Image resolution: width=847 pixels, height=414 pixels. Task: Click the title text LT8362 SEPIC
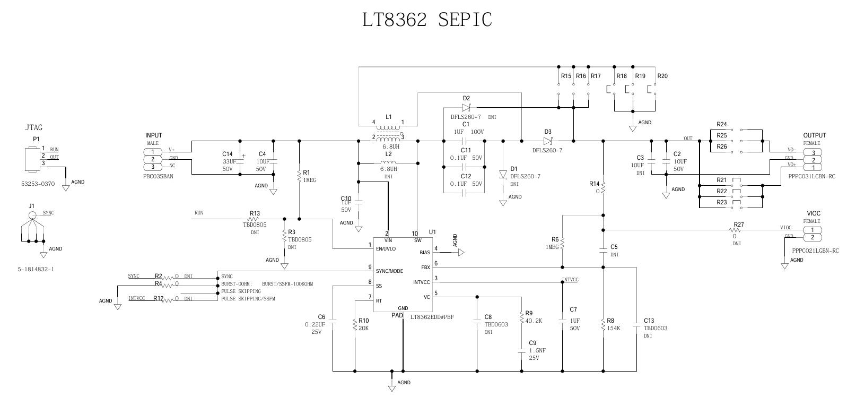click(x=427, y=20)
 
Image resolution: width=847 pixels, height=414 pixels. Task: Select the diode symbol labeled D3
click(x=548, y=141)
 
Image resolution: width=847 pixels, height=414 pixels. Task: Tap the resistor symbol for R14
click(x=603, y=187)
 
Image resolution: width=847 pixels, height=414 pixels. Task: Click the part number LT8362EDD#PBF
click(x=432, y=317)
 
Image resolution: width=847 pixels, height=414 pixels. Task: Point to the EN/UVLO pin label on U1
click(x=386, y=248)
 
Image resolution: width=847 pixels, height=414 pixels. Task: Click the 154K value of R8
click(x=614, y=328)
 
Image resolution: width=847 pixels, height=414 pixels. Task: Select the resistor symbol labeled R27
click(x=735, y=230)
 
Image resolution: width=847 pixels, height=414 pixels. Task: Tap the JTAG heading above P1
click(x=34, y=127)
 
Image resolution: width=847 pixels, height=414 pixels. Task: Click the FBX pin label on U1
click(x=425, y=267)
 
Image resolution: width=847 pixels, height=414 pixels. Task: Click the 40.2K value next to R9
click(x=534, y=321)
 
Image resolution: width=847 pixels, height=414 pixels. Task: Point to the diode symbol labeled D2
click(x=466, y=107)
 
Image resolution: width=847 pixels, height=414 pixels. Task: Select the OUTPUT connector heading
click(x=814, y=136)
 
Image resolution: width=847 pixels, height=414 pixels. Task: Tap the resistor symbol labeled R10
click(x=354, y=325)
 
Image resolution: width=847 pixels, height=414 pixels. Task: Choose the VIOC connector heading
click(x=814, y=213)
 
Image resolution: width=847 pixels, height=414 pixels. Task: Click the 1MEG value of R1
click(x=310, y=180)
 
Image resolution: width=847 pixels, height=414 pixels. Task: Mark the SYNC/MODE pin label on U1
click(x=389, y=271)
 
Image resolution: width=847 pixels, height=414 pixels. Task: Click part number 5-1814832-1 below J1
click(x=36, y=269)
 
